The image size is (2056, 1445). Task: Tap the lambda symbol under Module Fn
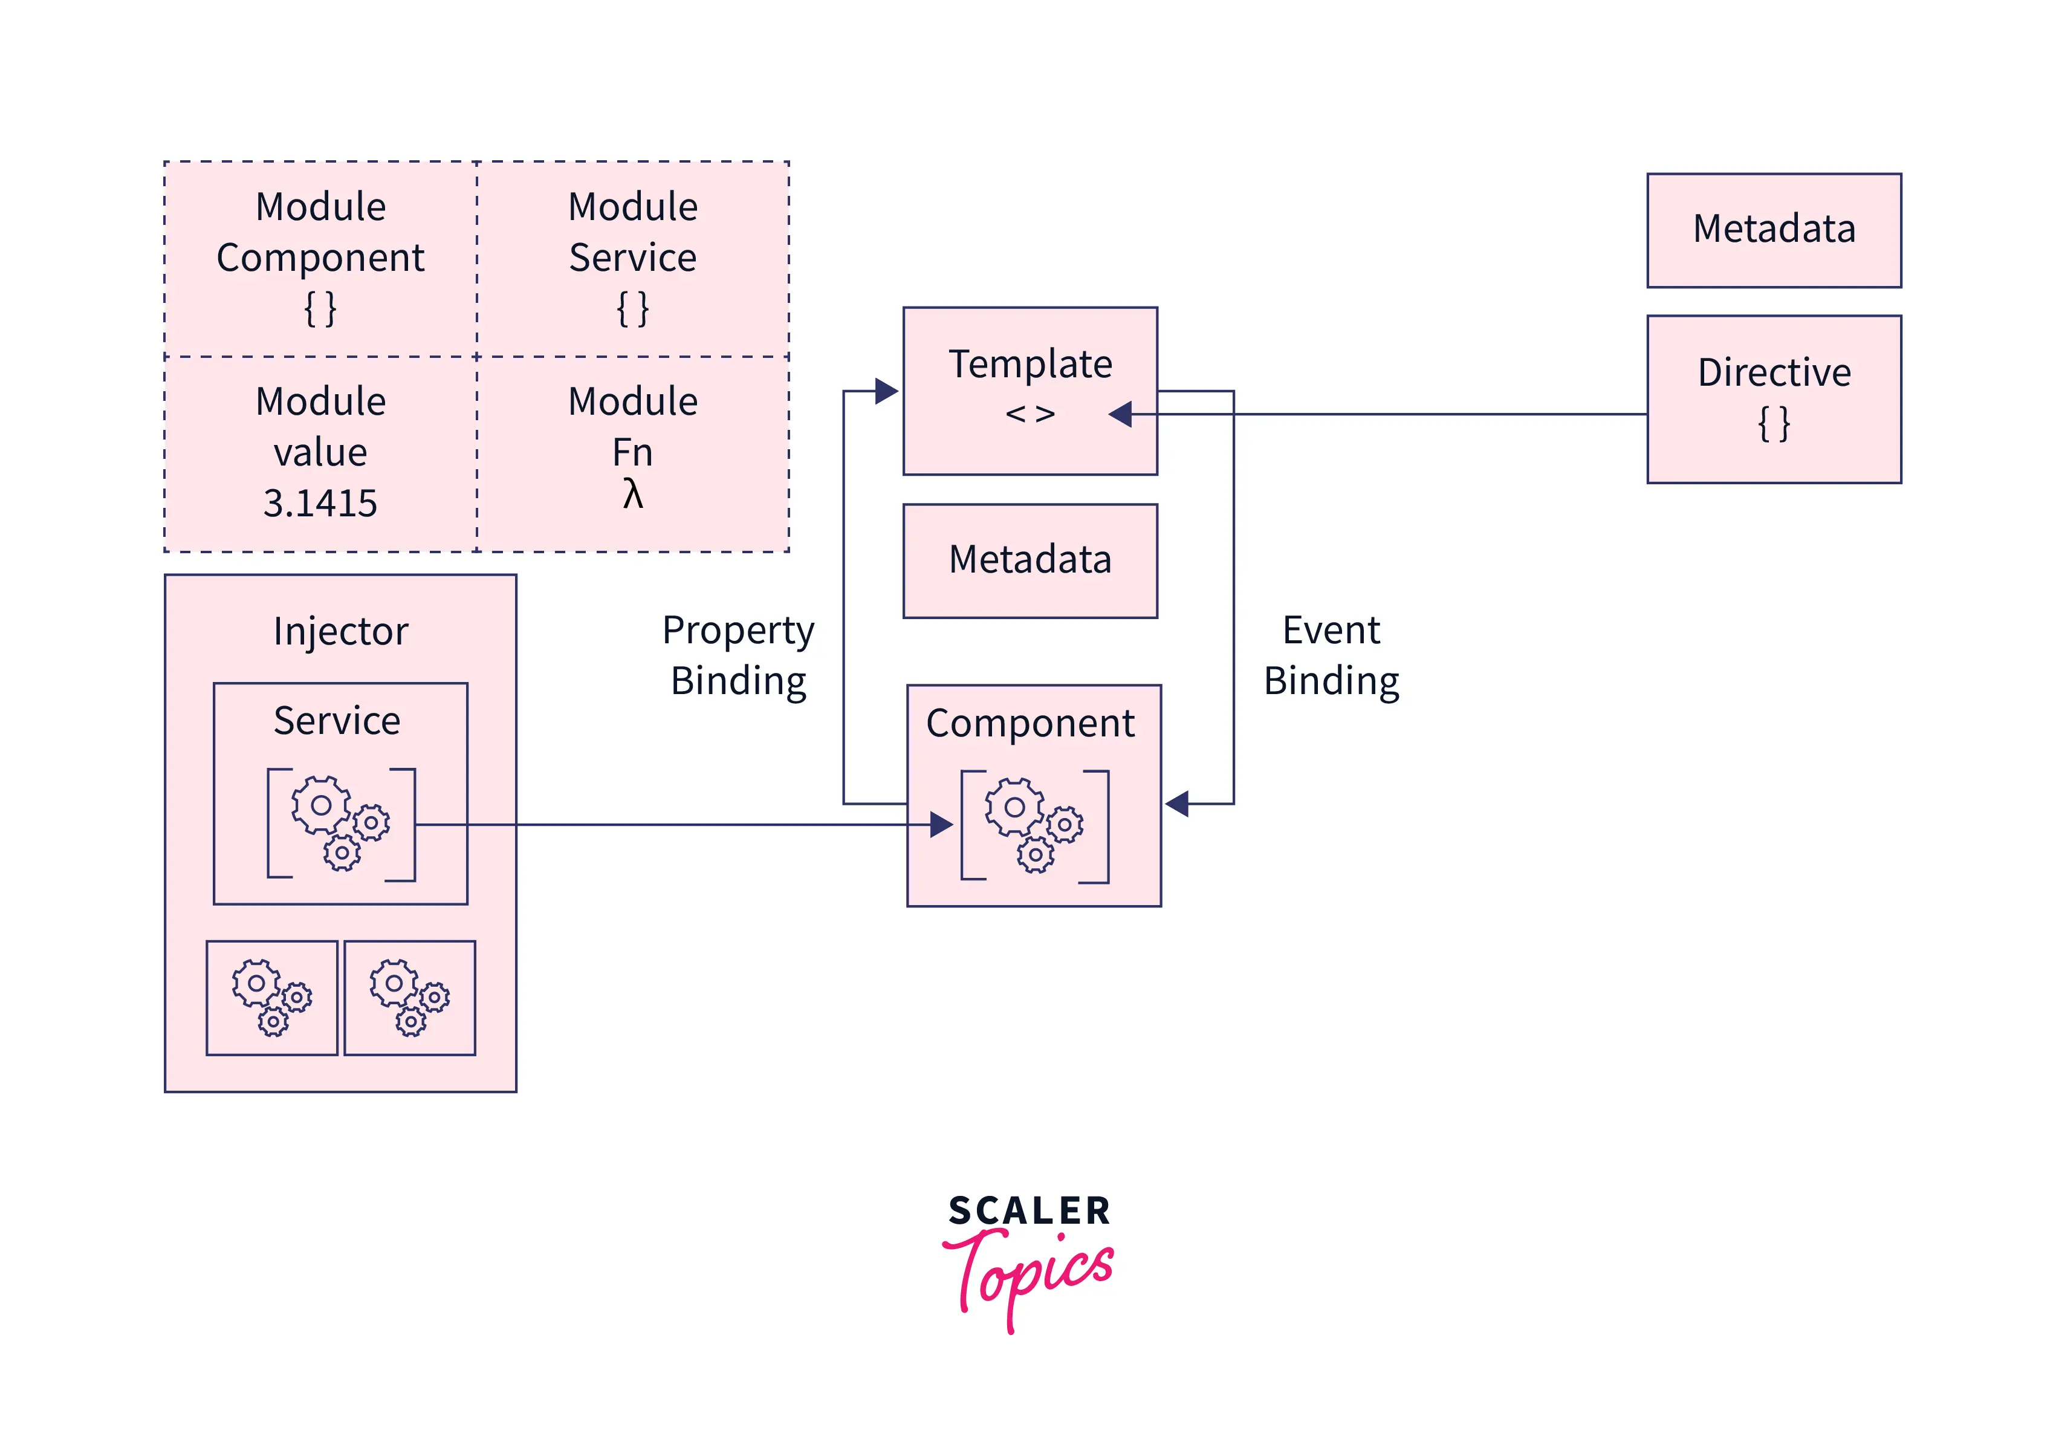[x=632, y=493]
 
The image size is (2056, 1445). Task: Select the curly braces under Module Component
[x=320, y=309]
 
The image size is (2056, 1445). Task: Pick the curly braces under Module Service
[x=632, y=309]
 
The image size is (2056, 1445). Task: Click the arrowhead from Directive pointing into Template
[x=1120, y=414]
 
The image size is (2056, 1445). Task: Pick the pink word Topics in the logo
[x=1030, y=1272]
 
